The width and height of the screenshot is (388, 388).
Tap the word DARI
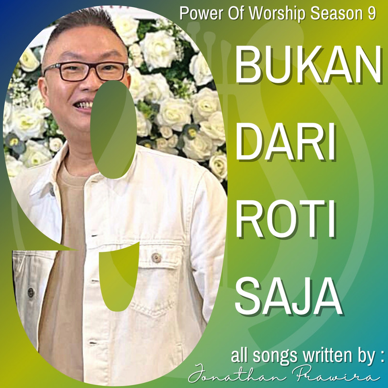286,142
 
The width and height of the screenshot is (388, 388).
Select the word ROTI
286,219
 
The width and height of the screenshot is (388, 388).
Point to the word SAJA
289,295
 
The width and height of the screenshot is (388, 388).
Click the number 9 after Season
371,14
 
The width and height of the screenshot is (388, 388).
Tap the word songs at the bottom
275,356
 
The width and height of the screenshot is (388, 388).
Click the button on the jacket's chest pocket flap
156,258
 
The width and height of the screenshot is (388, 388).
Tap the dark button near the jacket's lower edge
31,292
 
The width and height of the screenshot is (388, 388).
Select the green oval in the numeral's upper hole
113,129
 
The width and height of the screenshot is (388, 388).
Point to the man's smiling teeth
83,105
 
